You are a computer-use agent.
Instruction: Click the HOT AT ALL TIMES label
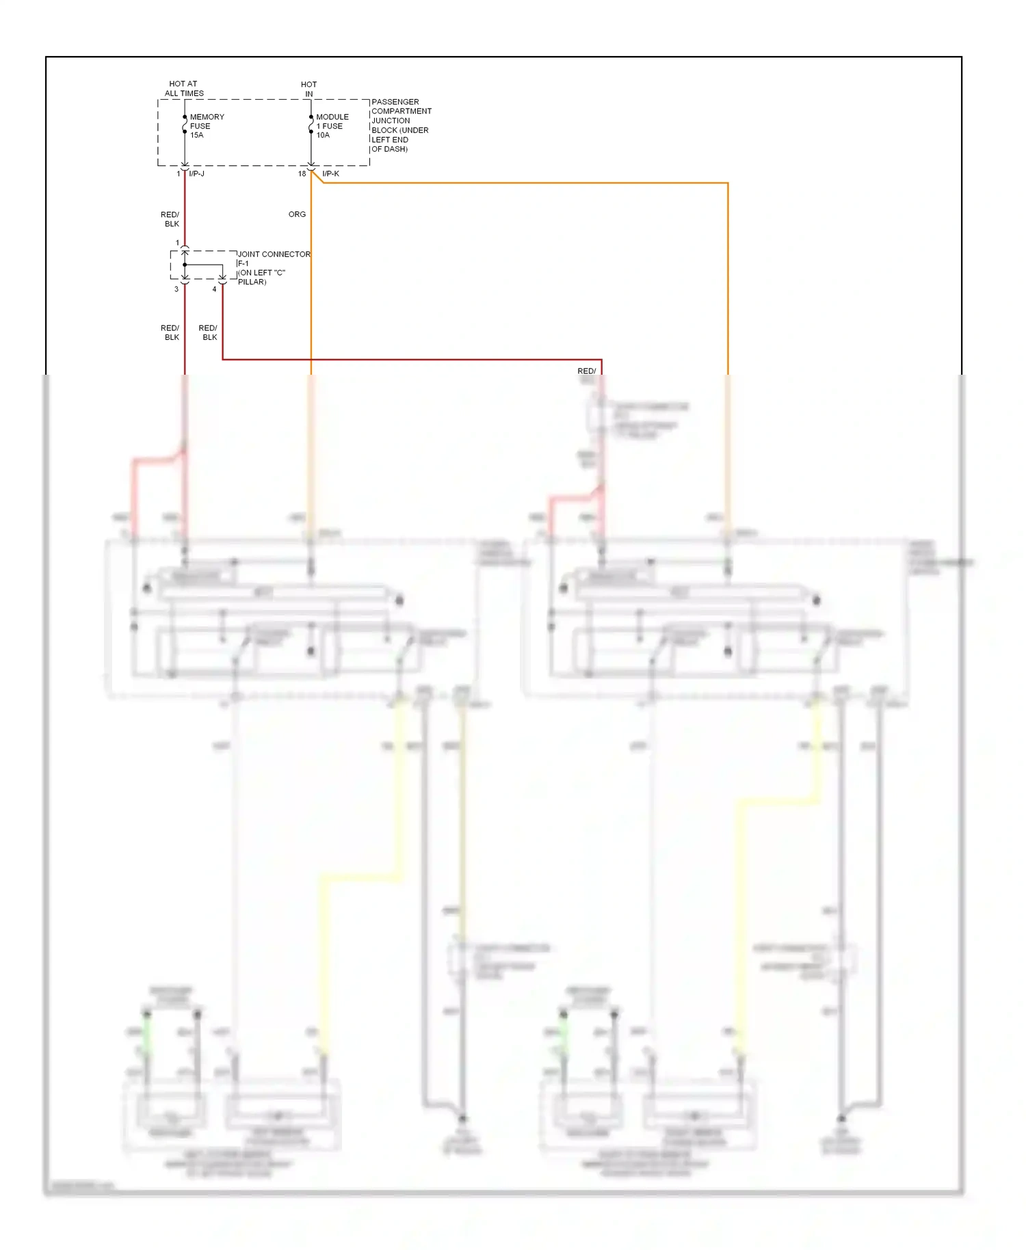pyautogui.click(x=183, y=89)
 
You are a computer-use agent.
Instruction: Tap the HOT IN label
pyautogui.click(x=308, y=90)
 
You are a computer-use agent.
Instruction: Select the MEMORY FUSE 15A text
pyautogui.click(x=207, y=126)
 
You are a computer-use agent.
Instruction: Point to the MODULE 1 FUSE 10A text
pyautogui.click(x=332, y=126)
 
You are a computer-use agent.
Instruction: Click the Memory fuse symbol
pyautogui.click(x=185, y=124)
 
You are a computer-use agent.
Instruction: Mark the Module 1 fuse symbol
pyautogui.click(x=311, y=124)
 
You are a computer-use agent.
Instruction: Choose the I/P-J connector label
pyautogui.click(x=197, y=174)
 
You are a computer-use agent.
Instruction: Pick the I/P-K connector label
pyautogui.click(x=331, y=174)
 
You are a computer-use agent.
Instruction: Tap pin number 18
pyautogui.click(x=302, y=174)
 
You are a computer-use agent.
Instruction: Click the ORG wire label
pyautogui.click(x=297, y=214)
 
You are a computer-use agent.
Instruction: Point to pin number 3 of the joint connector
pyautogui.click(x=176, y=289)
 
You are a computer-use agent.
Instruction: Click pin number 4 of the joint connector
pyautogui.click(x=214, y=289)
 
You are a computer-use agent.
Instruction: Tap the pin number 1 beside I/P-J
pyautogui.click(x=179, y=174)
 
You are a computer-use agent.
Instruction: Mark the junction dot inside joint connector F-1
pyautogui.click(x=185, y=265)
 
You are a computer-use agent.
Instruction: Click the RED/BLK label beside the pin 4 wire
pyautogui.click(x=209, y=332)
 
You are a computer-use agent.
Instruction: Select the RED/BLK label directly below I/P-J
pyautogui.click(x=170, y=219)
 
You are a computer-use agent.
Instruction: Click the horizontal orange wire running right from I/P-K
pyautogui.click(x=520, y=183)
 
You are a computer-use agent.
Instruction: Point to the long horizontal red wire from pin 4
pyautogui.click(x=410, y=359)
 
